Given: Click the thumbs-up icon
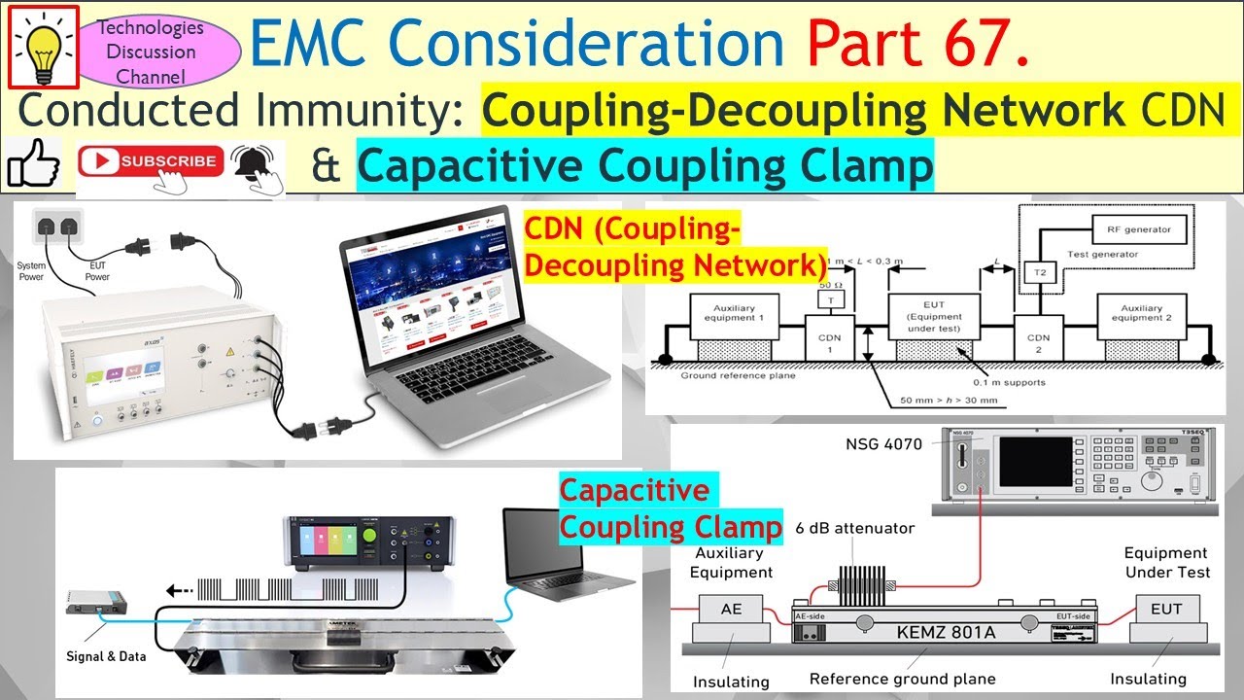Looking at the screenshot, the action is coord(33,164).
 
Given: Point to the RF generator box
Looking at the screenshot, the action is coord(1139,230).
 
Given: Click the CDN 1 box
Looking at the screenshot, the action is coord(831,341).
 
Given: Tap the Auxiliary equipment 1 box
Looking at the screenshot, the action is coord(734,314).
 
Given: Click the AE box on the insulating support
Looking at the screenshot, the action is coord(731,610).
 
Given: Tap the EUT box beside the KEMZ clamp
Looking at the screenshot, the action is coord(1166,610).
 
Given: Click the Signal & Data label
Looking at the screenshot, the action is coord(107,656).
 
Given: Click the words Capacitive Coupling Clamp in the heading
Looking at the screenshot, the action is coord(644,165).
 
